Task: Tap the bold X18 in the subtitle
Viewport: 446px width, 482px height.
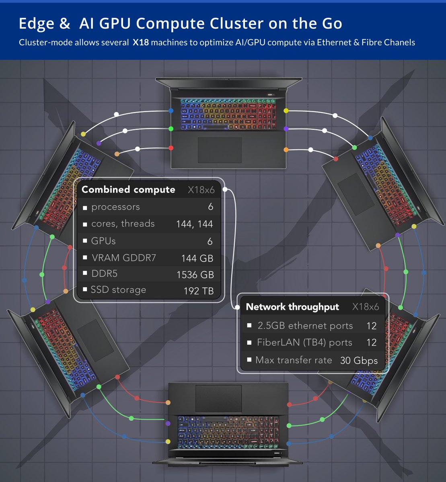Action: (141, 42)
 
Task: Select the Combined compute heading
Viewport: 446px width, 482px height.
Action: (128, 190)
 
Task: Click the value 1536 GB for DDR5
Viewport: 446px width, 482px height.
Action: (195, 275)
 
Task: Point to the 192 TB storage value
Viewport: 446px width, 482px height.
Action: (198, 291)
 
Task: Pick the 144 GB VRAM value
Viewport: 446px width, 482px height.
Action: (197, 258)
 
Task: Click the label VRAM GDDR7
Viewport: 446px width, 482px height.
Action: (123, 258)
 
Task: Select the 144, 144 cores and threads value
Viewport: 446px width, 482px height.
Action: (195, 224)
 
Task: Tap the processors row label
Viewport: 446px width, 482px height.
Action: (115, 207)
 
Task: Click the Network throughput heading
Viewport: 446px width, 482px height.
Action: (292, 307)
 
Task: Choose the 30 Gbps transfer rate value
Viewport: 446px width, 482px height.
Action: (359, 360)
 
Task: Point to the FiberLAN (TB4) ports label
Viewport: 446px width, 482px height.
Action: (304, 343)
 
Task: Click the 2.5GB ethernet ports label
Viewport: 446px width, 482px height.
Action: (305, 326)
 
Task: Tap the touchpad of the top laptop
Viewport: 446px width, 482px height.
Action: (220, 149)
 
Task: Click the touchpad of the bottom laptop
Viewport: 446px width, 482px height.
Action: (218, 397)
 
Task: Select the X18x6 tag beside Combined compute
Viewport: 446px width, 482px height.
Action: (201, 190)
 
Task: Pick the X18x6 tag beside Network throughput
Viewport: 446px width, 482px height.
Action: (365, 307)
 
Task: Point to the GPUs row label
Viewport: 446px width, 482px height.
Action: (103, 241)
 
